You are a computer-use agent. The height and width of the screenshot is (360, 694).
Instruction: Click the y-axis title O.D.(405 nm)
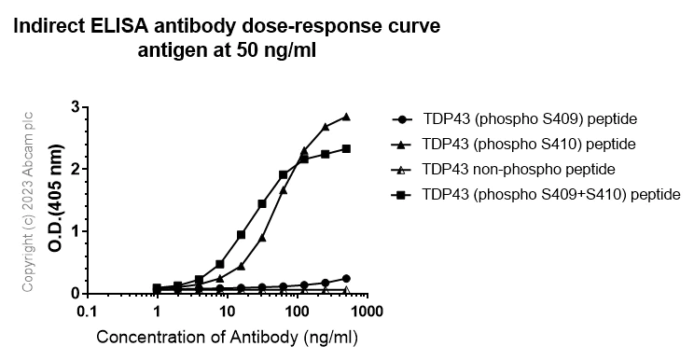[x=56, y=201]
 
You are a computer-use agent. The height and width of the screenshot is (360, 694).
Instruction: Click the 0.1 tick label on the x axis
[x=87, y=311]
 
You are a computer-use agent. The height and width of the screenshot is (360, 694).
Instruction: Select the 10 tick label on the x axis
[x=227, y=311]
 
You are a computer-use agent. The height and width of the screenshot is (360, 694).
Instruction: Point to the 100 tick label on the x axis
[x=297, y=311]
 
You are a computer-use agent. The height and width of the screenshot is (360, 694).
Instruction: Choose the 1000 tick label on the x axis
[x=366, y=311]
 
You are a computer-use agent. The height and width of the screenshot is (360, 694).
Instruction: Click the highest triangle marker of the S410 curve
[x=346, y=117]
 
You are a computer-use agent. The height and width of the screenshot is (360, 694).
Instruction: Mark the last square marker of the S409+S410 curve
[x=346, y=148]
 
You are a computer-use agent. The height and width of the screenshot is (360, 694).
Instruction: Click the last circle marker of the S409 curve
[x=346, y=278]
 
